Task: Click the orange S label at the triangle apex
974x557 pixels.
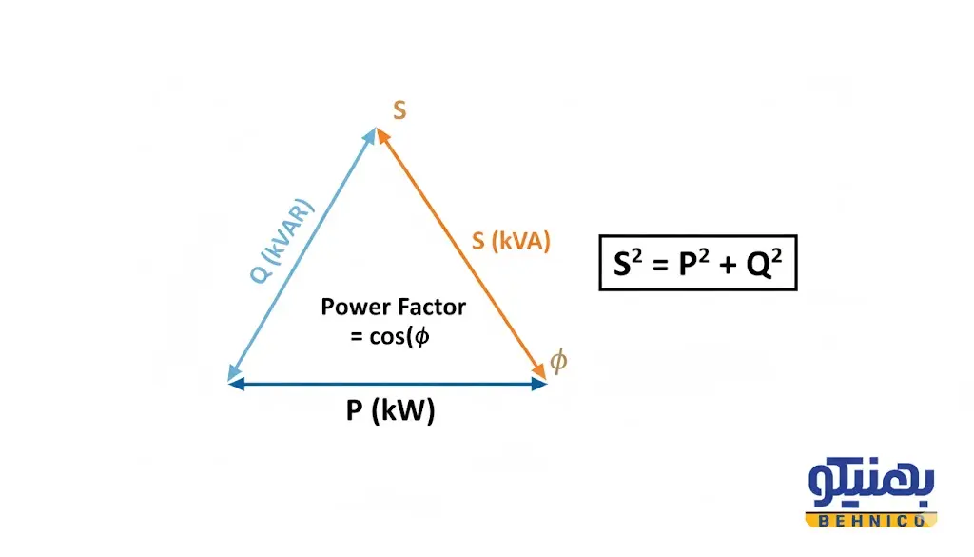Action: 399,110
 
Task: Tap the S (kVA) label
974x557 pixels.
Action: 511,241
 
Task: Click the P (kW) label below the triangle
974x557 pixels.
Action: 390,411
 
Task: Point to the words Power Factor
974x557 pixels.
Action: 393,308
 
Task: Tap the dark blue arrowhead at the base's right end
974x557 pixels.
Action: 539,384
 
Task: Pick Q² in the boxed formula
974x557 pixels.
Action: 764,264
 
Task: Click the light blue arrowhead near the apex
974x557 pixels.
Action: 370,136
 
